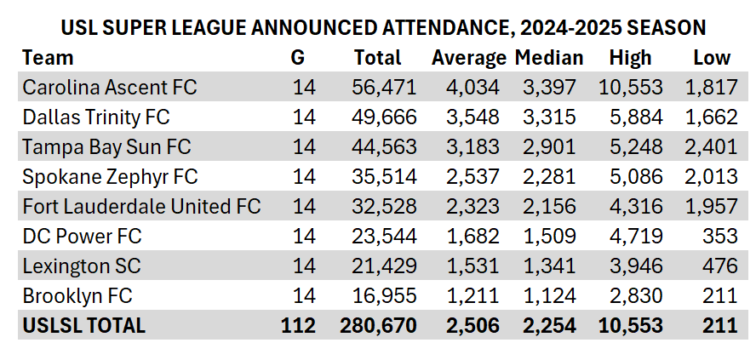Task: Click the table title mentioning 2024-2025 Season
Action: pos(383,27)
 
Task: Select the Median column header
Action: pos(549,58)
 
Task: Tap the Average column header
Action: pos(468,58)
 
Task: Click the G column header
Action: pos(297,58)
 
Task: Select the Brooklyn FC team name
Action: pos(77,296)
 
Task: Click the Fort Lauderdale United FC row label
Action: pos(141,207)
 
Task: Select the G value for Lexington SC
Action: pos(304,266)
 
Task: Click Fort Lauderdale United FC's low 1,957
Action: pos(711,207)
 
